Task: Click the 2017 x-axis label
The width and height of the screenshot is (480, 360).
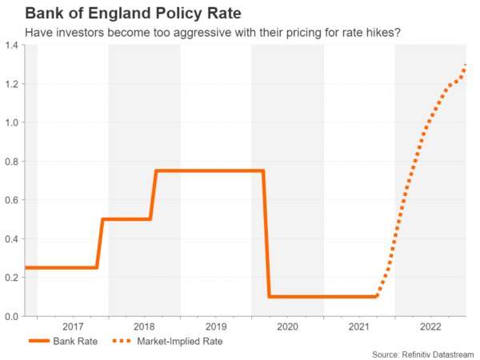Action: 73,326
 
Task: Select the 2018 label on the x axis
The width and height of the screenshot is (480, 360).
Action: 144,326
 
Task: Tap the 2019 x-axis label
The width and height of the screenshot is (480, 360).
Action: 216,326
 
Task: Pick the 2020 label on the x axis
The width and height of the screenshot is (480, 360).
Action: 287,326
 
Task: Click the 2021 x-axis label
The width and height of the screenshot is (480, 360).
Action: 359,326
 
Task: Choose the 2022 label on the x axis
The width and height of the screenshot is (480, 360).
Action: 430,326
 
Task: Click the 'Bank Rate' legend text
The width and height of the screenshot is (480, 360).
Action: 76,341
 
